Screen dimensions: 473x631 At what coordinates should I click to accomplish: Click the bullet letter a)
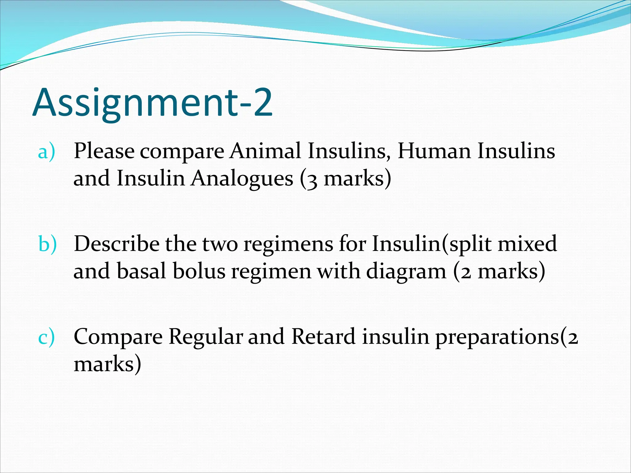click(47, 152)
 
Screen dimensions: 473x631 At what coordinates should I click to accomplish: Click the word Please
click(104, 151)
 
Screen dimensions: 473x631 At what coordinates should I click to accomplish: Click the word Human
click(434, 151)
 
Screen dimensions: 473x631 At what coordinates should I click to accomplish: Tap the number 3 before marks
click(312, 180)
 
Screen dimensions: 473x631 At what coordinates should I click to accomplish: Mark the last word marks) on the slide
click(107, 364)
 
